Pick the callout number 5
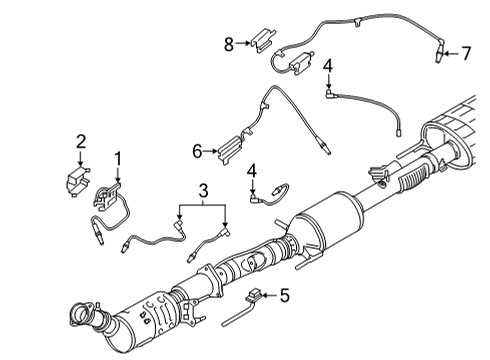click(x=283, y=295)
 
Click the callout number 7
click(x=465, y=53)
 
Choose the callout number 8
click(x=228, y=43)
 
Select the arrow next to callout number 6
click(x=212, y=151)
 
